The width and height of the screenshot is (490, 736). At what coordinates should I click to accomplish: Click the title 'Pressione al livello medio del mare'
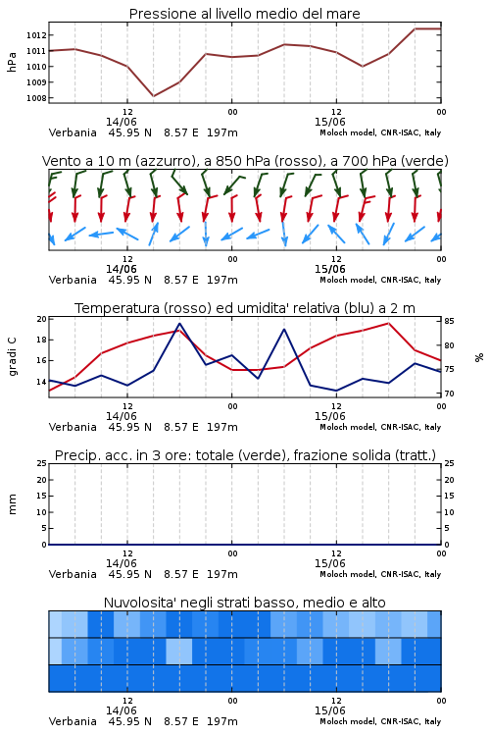click(x=244, y=14)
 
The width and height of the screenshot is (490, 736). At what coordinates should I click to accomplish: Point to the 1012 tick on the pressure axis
click(x=36, y=35)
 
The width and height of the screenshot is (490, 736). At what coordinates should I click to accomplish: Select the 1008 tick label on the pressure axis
click(x=36, y=98)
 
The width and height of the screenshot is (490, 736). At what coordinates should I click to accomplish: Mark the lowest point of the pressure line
click(x=153, y=96)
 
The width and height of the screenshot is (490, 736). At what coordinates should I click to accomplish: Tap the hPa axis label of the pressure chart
click(x=12, y=62)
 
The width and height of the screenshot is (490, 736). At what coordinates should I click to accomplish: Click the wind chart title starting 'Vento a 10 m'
click(x=245, y=161)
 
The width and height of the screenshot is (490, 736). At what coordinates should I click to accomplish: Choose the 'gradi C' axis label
click(x=12, y=357)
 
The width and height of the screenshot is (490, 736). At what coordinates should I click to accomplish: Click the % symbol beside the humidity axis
click(x=479, y=357)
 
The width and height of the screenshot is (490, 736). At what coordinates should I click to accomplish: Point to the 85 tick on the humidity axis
click(x=449, y=322)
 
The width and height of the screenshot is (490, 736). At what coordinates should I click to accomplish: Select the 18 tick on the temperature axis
click(x=41, y=340)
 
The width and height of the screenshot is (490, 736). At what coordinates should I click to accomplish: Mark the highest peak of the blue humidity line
click(x=179, y=324)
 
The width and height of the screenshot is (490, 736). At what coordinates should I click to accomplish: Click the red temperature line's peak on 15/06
click(x=388, y=323)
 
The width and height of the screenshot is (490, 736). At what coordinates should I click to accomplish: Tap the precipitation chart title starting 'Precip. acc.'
click(x=245, y=455)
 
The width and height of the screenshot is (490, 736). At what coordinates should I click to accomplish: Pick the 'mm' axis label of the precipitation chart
click(x=12, y=504)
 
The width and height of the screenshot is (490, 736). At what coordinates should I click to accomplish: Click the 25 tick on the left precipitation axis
click(x=42, y=463)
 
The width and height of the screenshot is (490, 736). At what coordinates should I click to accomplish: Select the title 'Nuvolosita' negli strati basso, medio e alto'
click(x=244, y=603)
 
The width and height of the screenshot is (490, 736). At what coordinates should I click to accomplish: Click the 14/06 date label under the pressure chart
click(x=121, y=122)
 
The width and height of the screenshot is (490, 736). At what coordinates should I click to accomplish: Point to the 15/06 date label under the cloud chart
click(x=329, y=710)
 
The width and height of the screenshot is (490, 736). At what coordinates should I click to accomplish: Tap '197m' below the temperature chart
click(x=222, y=427)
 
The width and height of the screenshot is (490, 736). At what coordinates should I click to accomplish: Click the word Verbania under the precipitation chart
click(x=73, y=574)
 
